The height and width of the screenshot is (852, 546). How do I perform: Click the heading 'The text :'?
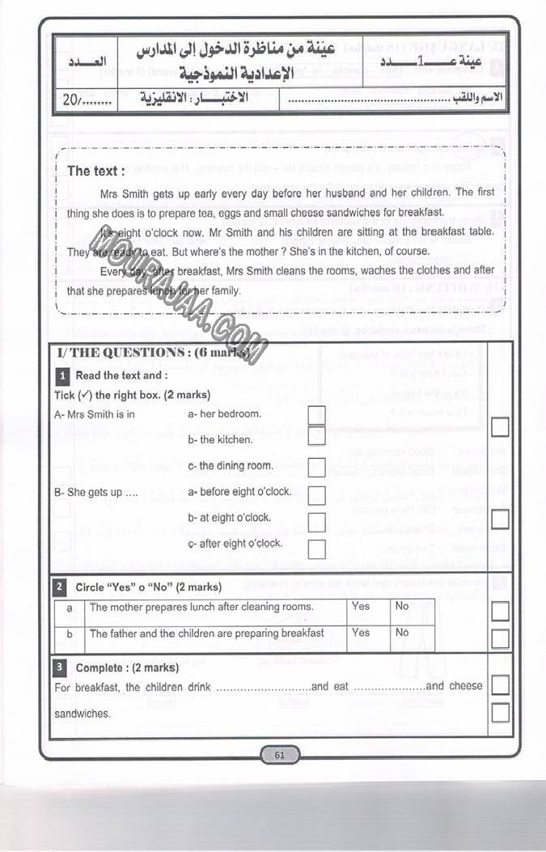point(96,171)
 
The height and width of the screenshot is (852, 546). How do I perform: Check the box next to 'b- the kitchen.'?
point(316,437)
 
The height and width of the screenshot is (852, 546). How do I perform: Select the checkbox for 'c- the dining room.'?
point(316,467)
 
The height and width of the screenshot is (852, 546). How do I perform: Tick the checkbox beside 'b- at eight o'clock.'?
point(316,522)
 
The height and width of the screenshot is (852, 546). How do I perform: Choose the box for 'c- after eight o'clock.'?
point(316,549)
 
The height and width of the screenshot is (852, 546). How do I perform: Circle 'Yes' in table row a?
point(361,607)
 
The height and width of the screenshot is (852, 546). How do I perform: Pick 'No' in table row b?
point(402,633)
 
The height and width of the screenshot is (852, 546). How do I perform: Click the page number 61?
point(280,755)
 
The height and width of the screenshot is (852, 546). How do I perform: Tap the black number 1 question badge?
point(61,375)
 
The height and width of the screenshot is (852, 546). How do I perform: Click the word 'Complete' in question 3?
point(98,668)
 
